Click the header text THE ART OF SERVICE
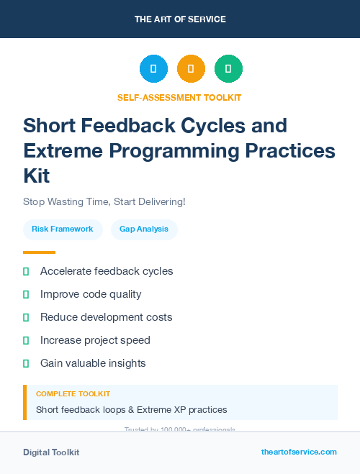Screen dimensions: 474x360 (180, 19)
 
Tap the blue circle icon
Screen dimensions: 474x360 (153, 69)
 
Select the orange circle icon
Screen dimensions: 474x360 (191, 69)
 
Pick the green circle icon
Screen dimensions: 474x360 (228, 69)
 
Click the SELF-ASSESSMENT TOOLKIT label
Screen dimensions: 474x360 (179, 98)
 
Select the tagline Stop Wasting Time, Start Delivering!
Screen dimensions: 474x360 (104, 201)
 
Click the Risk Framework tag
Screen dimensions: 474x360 (63, 229)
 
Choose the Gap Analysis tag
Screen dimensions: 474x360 (144, 229)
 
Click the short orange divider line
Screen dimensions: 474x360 (39, 252)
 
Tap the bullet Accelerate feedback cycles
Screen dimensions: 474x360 (107, 271)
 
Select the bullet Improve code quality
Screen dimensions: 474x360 (91, 294)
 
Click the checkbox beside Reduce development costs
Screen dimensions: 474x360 (26, 317)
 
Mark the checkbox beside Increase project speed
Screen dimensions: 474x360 (26, 340)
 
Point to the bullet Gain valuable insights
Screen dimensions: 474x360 (93, 363)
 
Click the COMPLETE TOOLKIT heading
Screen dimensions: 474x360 (73, 394)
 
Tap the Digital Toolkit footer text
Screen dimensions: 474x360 (51, 452)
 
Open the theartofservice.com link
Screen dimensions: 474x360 (299, 452)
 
